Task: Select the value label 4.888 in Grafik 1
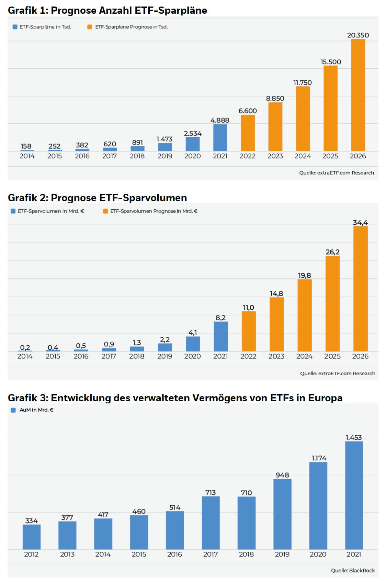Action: pos(220,120)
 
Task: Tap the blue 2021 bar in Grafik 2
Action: pos(220,336)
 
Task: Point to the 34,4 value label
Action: pos(360,222)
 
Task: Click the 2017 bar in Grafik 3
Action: pos(211,523)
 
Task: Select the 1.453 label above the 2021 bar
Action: pos(354,437)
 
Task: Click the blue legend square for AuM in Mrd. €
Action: pos(13,410)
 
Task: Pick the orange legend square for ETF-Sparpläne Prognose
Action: pos(90,27)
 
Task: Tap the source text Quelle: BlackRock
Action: pos(353,570)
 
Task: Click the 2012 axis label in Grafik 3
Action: pos(31,554)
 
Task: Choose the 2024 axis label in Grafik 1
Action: pos(303,156)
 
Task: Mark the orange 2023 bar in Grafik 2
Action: pos(276,324)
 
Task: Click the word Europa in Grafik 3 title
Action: pos(325,398)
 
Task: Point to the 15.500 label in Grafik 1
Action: pos(331,62)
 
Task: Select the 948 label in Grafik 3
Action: pos(282,475)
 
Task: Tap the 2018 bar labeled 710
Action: pos(246,523)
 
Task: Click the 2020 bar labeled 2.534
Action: pos(192,144)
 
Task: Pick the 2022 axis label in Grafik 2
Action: pos(248,356)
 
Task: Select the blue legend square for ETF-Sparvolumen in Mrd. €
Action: pos(13,211)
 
